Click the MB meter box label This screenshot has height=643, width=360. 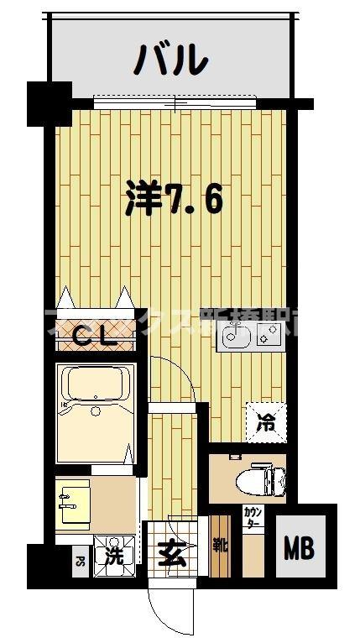298,550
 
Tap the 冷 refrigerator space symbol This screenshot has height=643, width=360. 265,423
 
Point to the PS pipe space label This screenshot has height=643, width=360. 81,563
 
